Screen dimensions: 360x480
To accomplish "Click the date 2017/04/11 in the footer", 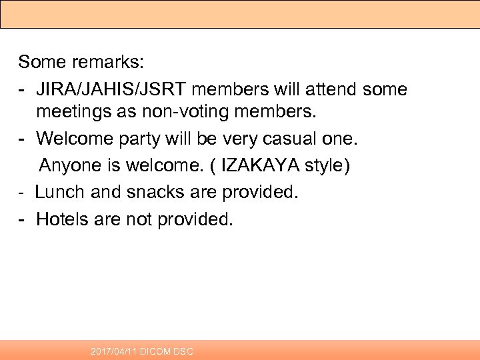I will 114,351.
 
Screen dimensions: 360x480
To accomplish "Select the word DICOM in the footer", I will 156,351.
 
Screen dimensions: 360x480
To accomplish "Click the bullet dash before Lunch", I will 22,193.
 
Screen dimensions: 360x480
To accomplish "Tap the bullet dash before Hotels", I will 23,219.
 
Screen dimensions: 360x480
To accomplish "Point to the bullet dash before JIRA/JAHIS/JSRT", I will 23,89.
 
